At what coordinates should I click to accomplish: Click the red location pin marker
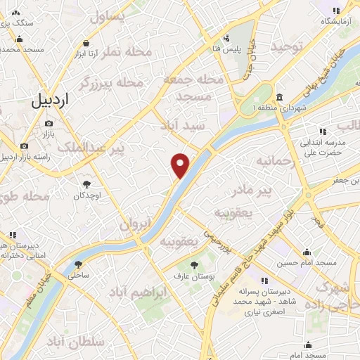point(181,165)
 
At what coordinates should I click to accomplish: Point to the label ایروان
point(136,226)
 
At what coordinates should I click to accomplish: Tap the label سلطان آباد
point(79,342)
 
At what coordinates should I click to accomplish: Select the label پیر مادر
point(251,190)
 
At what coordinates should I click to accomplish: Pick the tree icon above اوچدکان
point(87,184)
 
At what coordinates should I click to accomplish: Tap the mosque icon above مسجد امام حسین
point(307,252)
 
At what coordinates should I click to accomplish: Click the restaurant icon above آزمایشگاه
point(335,10)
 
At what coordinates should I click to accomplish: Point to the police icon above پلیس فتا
point(225,38)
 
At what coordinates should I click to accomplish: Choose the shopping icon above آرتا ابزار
point(86,43)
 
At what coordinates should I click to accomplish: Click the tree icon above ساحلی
point(78,265)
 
